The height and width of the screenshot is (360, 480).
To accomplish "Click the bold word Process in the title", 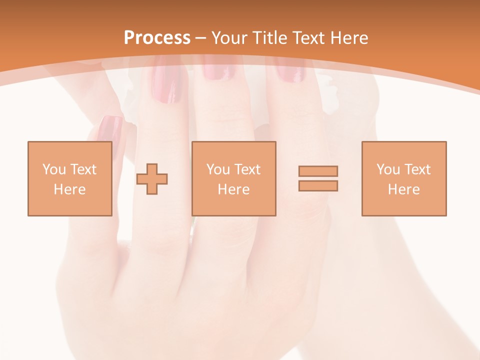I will [157, 38].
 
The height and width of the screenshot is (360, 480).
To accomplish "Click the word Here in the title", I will [349, 38].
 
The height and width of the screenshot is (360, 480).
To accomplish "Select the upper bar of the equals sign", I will [318, 171].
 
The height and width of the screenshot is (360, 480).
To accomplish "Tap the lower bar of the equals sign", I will [318, 186].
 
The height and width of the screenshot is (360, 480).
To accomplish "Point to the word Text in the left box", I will [83, 169].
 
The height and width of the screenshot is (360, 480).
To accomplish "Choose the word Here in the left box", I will [69, 189].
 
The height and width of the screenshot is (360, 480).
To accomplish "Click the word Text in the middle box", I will [247, 169].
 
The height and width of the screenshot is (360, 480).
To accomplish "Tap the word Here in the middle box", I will [233, 189].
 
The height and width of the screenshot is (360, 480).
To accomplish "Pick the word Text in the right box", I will [417, 169].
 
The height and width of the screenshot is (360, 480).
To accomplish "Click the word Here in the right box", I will [403, 189].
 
